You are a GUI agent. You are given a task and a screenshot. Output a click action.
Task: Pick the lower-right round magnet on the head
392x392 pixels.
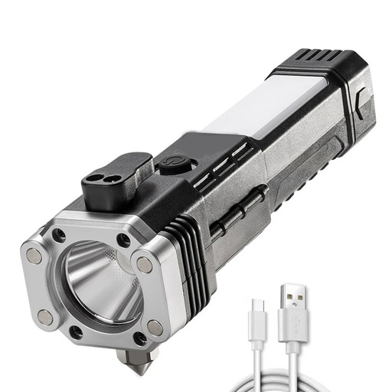coord(155,327)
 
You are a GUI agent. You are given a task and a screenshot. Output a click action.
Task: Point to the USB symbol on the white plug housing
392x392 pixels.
coord(292,334)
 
